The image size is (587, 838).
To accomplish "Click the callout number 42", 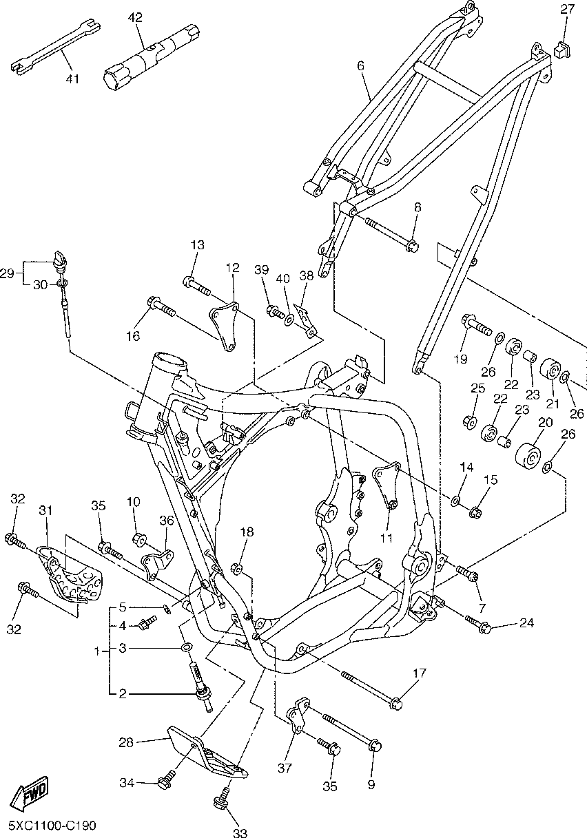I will point(134,17).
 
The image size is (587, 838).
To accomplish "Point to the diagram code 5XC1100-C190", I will point(52,825).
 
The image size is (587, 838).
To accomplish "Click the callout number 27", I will point(567,9).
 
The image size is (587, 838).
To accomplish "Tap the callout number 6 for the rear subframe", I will point(360,66).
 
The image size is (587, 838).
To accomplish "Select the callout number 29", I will point(7,273).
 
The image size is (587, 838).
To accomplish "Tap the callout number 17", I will point(420,672).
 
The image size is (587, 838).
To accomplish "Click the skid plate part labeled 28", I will point(204,755).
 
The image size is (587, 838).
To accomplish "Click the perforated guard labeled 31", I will point(70,574).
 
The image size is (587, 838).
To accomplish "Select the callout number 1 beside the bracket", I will point(97,649).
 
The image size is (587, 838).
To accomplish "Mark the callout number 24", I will point(526,624).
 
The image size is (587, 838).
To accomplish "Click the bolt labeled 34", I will point(165,782).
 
